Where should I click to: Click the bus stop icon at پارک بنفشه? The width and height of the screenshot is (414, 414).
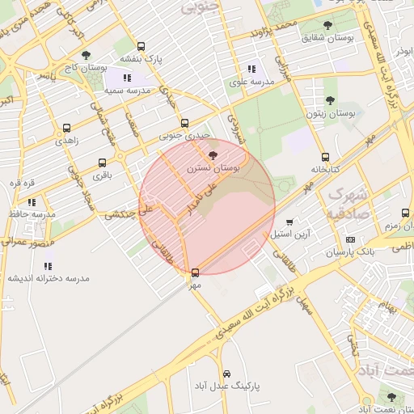click(142, 47)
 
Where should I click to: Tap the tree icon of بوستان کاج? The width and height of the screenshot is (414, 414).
click(86, 56)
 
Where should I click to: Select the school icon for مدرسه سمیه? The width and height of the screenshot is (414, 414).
click(127, 78)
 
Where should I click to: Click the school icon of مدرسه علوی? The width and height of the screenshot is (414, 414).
click(251, 70)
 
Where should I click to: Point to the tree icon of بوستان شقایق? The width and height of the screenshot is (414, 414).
click(327, 25)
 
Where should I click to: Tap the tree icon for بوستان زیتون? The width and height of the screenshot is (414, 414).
click(329, 100)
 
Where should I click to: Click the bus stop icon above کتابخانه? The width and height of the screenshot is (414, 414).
click(325, 158)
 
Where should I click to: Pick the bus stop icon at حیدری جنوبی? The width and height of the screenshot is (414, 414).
click(185, 124)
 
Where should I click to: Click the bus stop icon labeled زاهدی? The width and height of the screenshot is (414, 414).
click(65, 127)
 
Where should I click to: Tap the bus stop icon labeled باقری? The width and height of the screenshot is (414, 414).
click(102, 163)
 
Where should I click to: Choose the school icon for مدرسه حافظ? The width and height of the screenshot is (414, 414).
click(32, 201)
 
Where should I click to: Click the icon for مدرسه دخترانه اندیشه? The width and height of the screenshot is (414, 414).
click(49, 265)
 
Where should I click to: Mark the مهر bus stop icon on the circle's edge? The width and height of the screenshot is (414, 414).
click(195, 272)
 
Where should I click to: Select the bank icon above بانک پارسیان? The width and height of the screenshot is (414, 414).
click(350, 239)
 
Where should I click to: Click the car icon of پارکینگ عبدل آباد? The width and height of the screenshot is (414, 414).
click(226, 374)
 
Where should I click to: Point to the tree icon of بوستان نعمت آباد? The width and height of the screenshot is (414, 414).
click(392, 397)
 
